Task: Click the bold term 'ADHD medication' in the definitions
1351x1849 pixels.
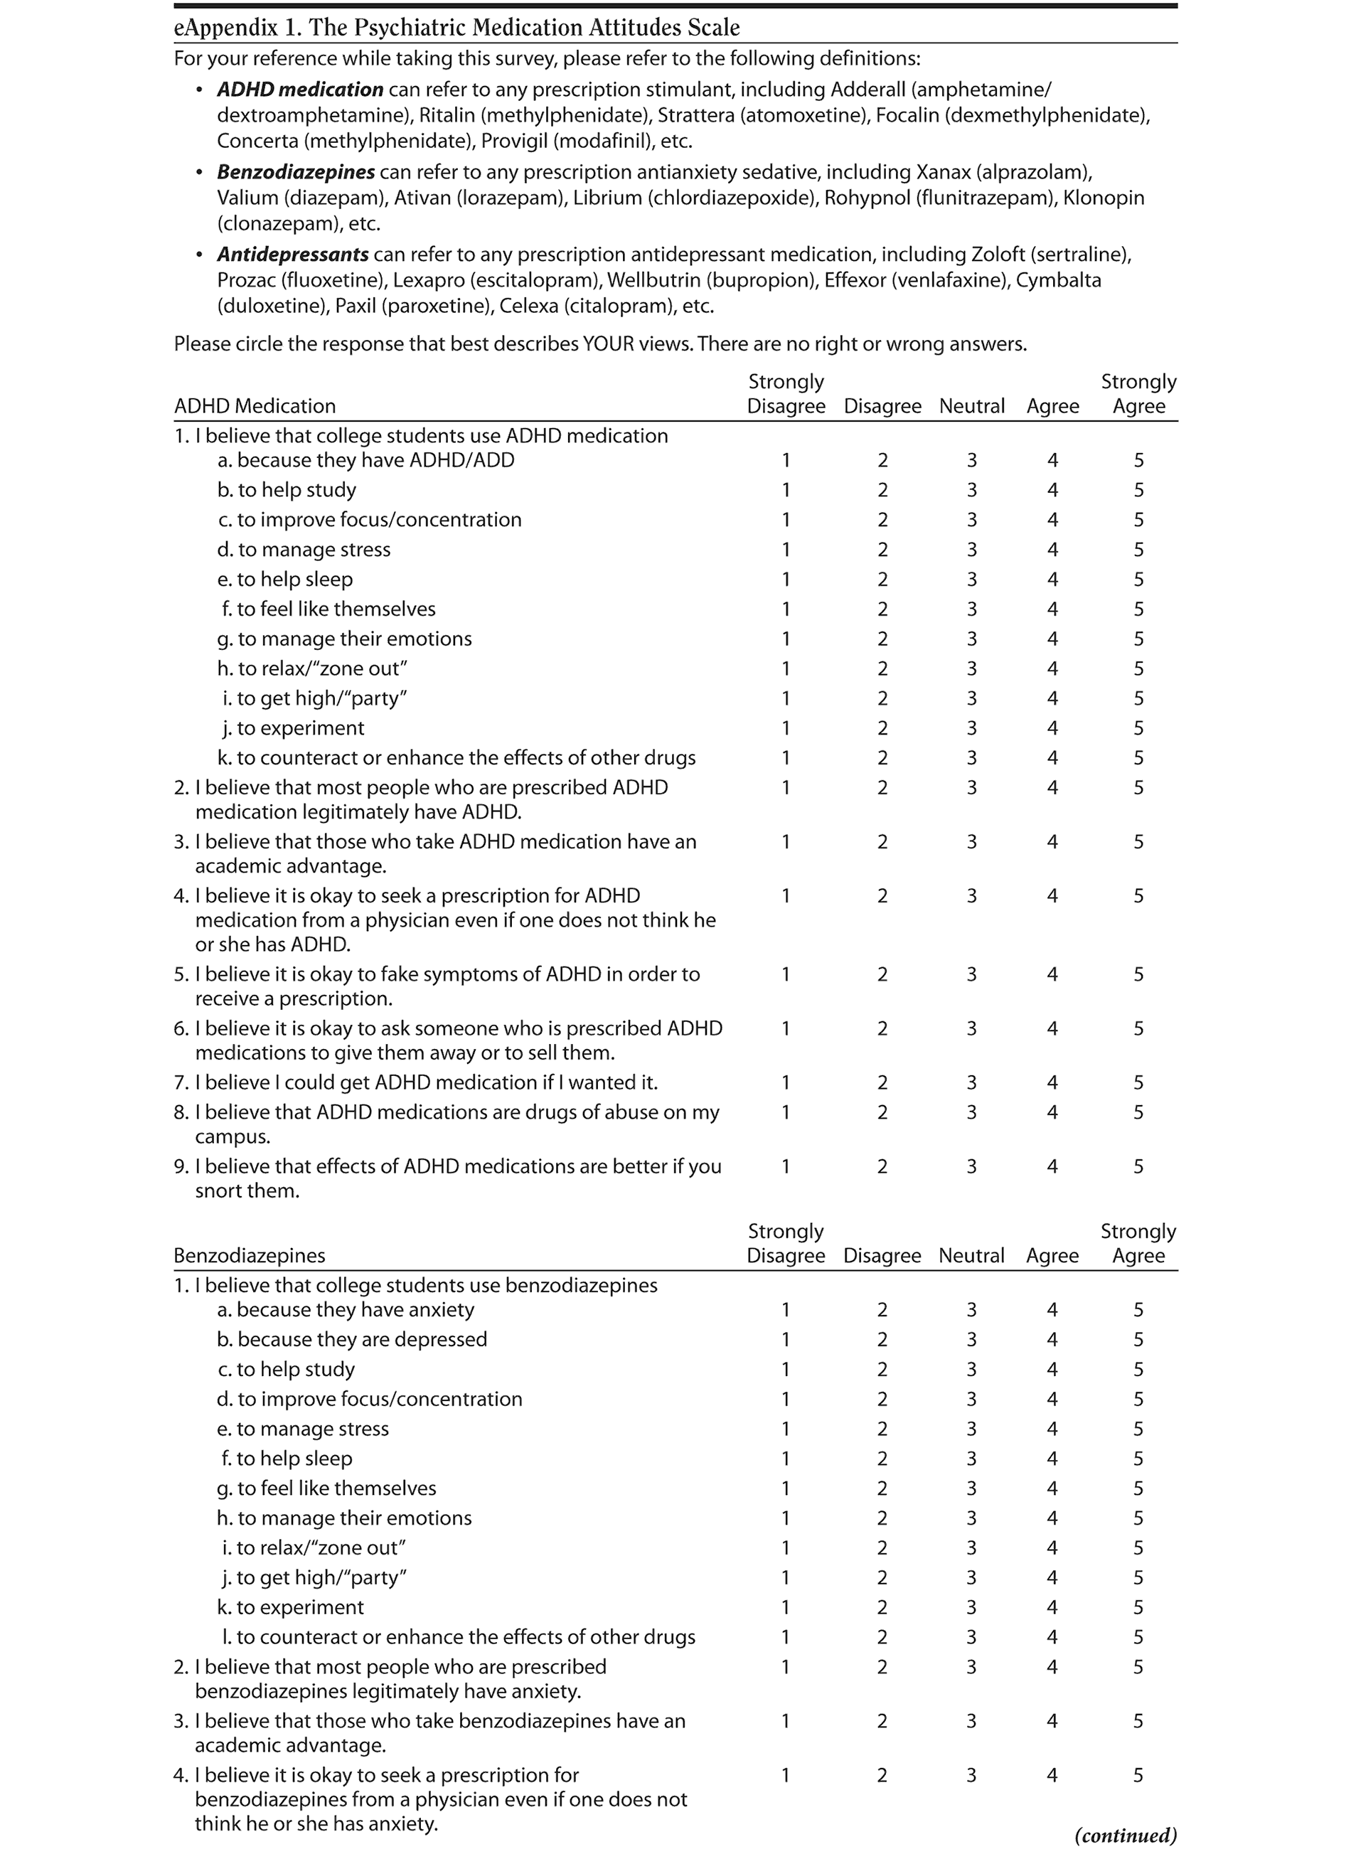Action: [x=299, y=89]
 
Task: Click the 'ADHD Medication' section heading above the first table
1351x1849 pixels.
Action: [x=255, y=407]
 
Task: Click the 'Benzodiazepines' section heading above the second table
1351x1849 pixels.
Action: [x=250, y=1255]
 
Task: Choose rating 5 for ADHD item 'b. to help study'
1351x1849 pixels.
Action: [x=1138, y=490]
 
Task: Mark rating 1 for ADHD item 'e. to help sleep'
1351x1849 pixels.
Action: [x=786, y=579]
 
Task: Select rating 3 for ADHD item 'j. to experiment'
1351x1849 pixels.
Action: [x=971, y=728]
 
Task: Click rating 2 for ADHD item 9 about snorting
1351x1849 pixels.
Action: [x=882, y=1166]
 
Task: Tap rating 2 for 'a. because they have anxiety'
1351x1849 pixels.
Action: [x=882, y=1310]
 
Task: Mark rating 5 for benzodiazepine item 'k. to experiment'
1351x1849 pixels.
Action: [x=1138, y=1607]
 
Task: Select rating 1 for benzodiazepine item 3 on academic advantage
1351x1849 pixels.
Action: [x=786, y=1720]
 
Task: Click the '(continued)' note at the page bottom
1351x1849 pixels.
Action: [x=1126, y=1835]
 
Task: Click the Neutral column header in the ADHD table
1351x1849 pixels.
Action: [x=971, y=407]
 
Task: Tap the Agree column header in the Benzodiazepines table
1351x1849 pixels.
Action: [x=1052, y=1255]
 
